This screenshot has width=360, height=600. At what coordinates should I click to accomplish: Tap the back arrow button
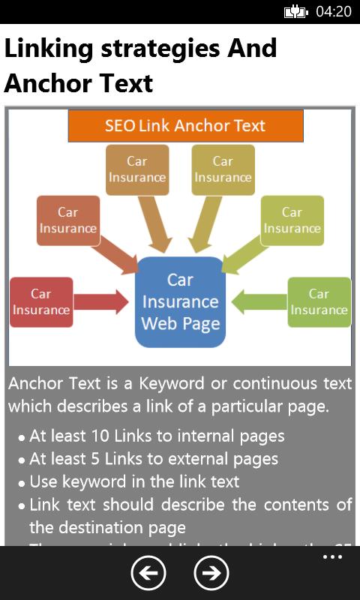click(x=148, y=574)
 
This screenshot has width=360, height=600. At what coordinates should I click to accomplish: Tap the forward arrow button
click(x=211, y=574)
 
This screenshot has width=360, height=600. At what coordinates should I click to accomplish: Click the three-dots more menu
click(x=332, y=557)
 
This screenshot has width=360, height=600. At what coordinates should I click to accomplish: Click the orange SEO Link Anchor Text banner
click(x=185, y=126)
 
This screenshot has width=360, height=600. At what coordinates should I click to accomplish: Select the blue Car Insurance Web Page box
click(x=180, y=302)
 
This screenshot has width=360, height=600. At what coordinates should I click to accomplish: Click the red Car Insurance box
click(x=41, y=302)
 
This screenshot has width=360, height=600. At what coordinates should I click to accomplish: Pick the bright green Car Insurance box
click(x=319, y=302)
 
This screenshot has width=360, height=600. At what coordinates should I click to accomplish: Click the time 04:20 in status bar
click(x=333, y=11)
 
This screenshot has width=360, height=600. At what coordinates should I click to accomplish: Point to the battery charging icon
click(x=295, y=11)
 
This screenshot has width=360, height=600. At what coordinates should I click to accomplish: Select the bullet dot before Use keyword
click(x=22, y=483)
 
